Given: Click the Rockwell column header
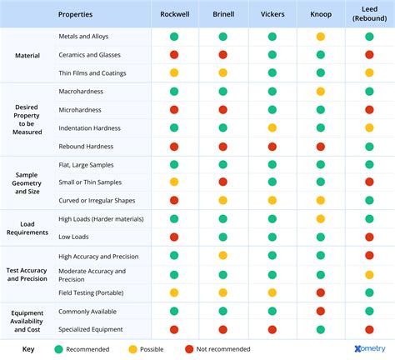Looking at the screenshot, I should (174, 14).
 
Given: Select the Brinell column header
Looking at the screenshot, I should (222, 14).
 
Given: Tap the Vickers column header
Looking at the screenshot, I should (272, 14).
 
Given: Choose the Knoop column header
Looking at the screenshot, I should (320, 14).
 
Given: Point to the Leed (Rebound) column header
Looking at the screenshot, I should (369, 14).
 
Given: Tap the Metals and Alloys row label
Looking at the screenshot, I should (83, 37).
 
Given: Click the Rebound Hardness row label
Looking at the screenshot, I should (87, 146).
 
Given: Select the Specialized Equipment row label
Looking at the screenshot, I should (91, 329).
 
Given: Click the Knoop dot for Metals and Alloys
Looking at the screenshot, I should (320, 37).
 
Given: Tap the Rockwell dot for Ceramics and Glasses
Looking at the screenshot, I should (174, 55).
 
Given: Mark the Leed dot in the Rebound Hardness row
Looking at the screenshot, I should (369, 147).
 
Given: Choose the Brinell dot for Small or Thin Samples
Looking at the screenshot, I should (222, 182).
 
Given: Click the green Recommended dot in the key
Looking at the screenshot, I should (58, 349).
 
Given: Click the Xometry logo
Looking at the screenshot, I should (363, 349).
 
